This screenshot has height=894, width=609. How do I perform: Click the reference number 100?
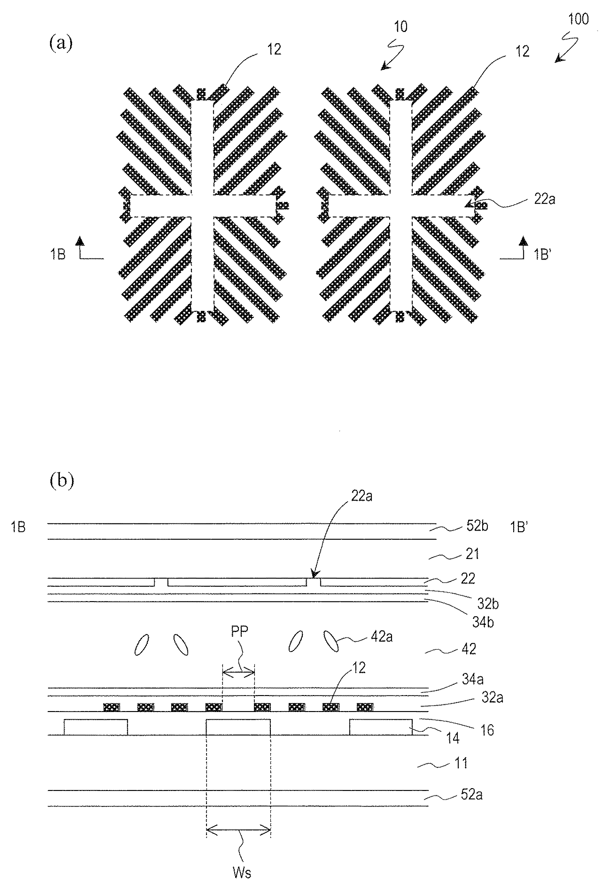578,19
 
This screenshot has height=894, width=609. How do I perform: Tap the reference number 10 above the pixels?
400,27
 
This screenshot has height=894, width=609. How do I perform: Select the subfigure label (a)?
61,43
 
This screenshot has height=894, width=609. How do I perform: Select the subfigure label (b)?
61,481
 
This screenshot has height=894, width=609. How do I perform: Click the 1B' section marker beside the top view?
542,255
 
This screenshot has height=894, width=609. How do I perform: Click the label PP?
240,631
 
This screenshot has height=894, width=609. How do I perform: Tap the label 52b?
477,526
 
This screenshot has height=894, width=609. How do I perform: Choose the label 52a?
471,795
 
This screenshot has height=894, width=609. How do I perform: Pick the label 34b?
483,622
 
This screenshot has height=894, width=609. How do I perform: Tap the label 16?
487,730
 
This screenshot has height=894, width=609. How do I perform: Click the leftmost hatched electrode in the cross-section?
111,707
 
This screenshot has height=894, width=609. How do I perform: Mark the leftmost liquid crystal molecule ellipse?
142,645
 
